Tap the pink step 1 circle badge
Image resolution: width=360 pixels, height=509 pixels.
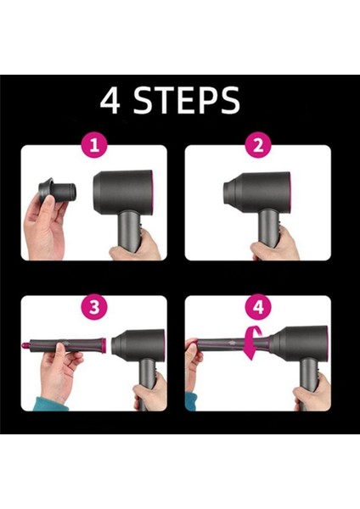click(x=94, y=145)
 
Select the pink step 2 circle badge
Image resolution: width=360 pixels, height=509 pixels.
click(x=257, y=145)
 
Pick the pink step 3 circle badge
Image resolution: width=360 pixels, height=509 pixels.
click(x=94, y=307)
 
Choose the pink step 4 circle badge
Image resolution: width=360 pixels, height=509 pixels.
click(x=257, y=307)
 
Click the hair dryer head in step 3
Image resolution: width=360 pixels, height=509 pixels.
click(x=140, y=346)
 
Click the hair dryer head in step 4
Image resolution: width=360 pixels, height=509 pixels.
click(x=297, y=344)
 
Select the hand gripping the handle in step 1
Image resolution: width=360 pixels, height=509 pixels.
click(x=136, y=246)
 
